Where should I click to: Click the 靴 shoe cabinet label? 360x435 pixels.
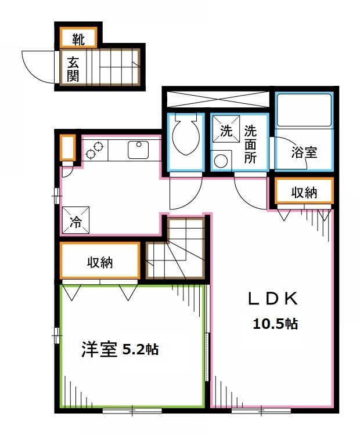78,39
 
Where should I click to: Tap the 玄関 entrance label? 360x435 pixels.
73,68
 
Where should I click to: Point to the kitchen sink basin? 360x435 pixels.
138,150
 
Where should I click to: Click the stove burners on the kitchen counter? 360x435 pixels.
95,150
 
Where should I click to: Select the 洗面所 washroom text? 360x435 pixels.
250,145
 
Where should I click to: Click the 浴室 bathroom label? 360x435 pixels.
304,153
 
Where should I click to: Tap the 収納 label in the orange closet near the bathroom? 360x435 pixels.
304,192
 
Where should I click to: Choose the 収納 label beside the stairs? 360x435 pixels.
100,262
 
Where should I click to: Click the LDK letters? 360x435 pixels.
272,300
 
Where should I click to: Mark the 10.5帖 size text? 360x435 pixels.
275,324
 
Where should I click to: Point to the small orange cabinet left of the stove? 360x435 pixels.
67,148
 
